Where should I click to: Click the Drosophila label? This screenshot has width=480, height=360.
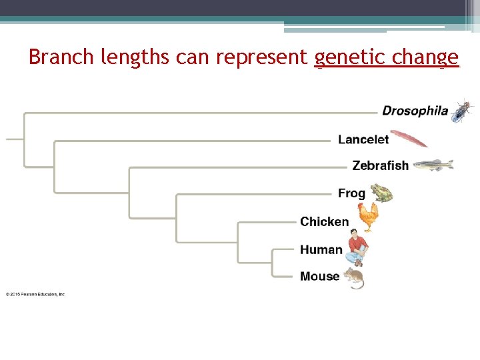click(x=415, y=111)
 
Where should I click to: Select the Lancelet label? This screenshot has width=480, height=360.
click(x=363, y=139)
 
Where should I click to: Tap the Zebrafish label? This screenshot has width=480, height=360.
click(x=380, y=165)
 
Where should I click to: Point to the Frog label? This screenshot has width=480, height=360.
click(x=351, y=193)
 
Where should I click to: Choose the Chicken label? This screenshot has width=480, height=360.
click(x=324, y=221)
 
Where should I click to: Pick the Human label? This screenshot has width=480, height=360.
click(x=321, y=249)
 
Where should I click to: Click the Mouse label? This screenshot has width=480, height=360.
click(x=319, y=276)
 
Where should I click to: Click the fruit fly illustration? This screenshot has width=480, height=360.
click(x=461, y=111)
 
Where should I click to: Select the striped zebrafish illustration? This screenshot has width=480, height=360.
click(x=433, y=165)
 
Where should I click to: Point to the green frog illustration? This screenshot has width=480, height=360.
click(x=381, y=193)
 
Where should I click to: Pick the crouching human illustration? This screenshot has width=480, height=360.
click(x=357, y=247)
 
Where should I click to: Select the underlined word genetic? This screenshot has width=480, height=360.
click(x=351, y=58)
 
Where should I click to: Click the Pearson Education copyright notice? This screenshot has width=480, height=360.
click(x=35, y=294)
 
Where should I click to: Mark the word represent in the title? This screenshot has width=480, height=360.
click(x=263, y=58)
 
